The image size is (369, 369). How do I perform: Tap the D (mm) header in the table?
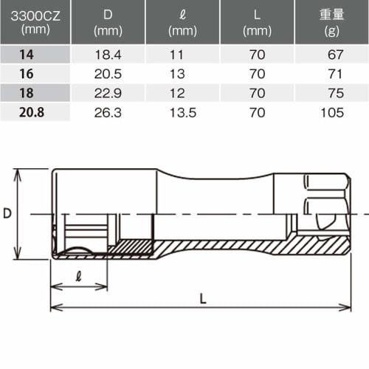pyautogui.click(x=108, y=20)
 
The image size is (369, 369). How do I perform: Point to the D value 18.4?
pyautogui.click(x=108, y=55)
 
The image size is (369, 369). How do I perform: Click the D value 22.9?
pyautogui.click(x=108, y=94)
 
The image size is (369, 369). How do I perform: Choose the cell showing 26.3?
pyautogui.click(x=108, y=113)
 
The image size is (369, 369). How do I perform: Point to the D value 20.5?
pyautogui.click(x=108, y=75)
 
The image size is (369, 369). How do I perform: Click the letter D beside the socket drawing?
pyautogui.click(x=7, y=213)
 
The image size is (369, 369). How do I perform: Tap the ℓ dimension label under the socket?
pyautogui.click(x=77, y=275)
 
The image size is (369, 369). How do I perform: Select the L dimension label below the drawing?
pyautogui.click(x=202, y=297)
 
